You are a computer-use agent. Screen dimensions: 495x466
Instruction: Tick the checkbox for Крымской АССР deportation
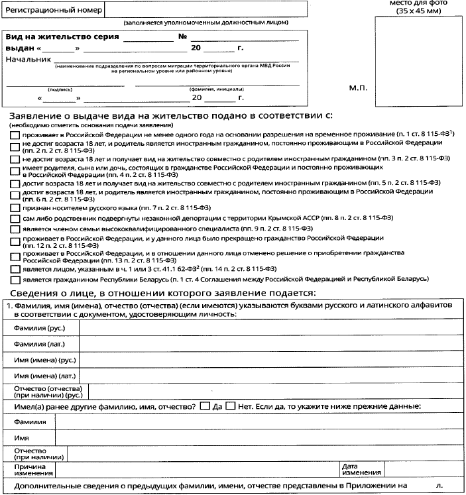[x=15, y=217]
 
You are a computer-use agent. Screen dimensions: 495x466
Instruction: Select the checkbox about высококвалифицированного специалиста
[x=15, y=227]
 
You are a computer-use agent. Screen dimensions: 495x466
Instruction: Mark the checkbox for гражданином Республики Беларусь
[x=15, y=279]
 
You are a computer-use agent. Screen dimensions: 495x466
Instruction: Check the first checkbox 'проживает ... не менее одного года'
[x=15, y=134]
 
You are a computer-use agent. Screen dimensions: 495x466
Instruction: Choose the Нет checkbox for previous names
[x=231, y=406]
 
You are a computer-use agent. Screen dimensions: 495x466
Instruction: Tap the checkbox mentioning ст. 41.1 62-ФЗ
[x=15, y=269]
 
